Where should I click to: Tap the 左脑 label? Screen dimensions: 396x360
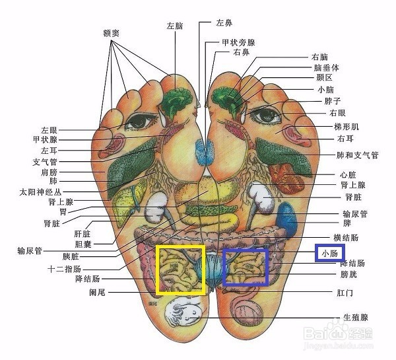(x=175, y=26)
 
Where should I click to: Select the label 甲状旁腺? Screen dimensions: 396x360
(x=238, y=42)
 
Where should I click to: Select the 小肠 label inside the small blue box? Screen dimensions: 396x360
(x=329, y=253)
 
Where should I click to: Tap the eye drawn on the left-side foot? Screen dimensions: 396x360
(x=139, y=122)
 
